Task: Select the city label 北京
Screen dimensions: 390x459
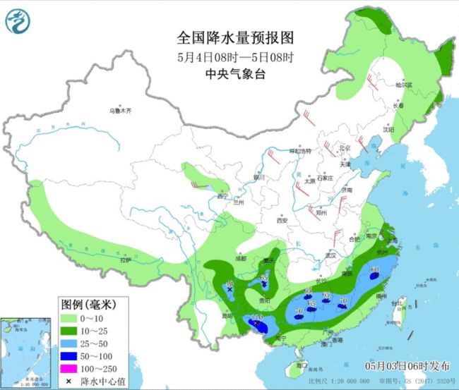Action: [345, 148]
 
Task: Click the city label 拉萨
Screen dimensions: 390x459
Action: [126, 260]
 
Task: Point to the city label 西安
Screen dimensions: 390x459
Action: [282, 221]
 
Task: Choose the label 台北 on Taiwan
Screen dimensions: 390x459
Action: [405, 303]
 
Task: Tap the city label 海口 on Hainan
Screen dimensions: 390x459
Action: [302, 366]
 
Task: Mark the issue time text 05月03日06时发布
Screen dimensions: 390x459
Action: [407, 366]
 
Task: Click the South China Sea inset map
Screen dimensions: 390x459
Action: [25, 351]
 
